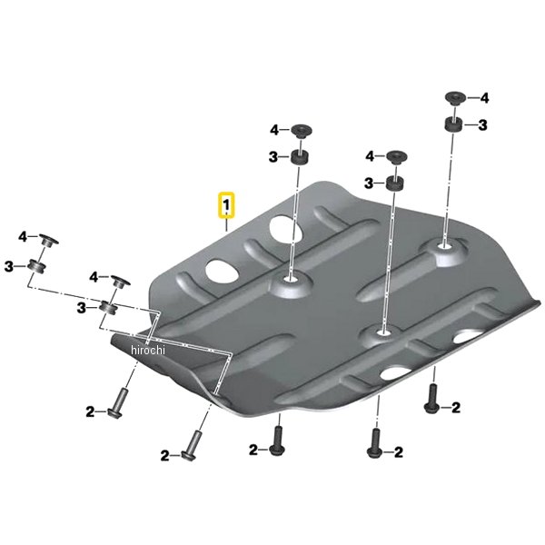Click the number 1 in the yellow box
coord(226,204)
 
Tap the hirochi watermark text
coord(148,350)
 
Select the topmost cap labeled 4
coord(456,98)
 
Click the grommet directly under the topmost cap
coord(453,124)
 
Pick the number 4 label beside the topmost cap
coord(484,98)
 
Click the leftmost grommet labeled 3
coord(37,267)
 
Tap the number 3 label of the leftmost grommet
coord(9,267)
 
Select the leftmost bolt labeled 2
coord(116,403)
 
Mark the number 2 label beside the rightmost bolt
coord(456,407)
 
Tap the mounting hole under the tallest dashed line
coord(443,246)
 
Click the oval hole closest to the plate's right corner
coord(468,336)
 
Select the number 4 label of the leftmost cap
coord(23,237)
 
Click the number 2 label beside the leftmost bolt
coord(90,411)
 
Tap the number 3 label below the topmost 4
coord(482,125)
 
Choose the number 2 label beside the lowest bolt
coord(164,456)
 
